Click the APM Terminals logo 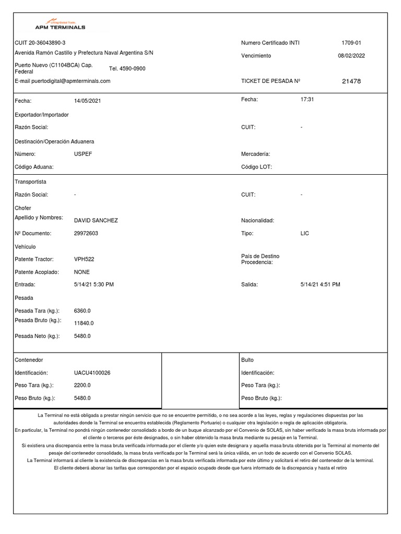click(x=60, y=26)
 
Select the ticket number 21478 click(x=351, y=81)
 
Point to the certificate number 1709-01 click(x=351, y=43)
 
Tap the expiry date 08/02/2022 click(x=351, y=56)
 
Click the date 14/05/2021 click(x=88, y=100)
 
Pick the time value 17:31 click(x=308, y=99)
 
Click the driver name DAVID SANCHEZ click(x=96, y=221)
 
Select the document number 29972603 click(x=86, y=234)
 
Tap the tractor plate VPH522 click(x=84, y=259)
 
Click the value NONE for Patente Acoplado click(x=82, y=272)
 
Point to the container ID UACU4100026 click(x=92, y=373)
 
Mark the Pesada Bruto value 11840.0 click(x=84, y=323)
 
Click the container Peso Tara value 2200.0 click(x=82, y=385)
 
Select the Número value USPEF click(x=83, y=154)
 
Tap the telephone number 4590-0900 click(x=127, y=69)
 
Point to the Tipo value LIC click(x=305, y=234)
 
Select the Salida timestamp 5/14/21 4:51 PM click(x=321, y=285)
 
